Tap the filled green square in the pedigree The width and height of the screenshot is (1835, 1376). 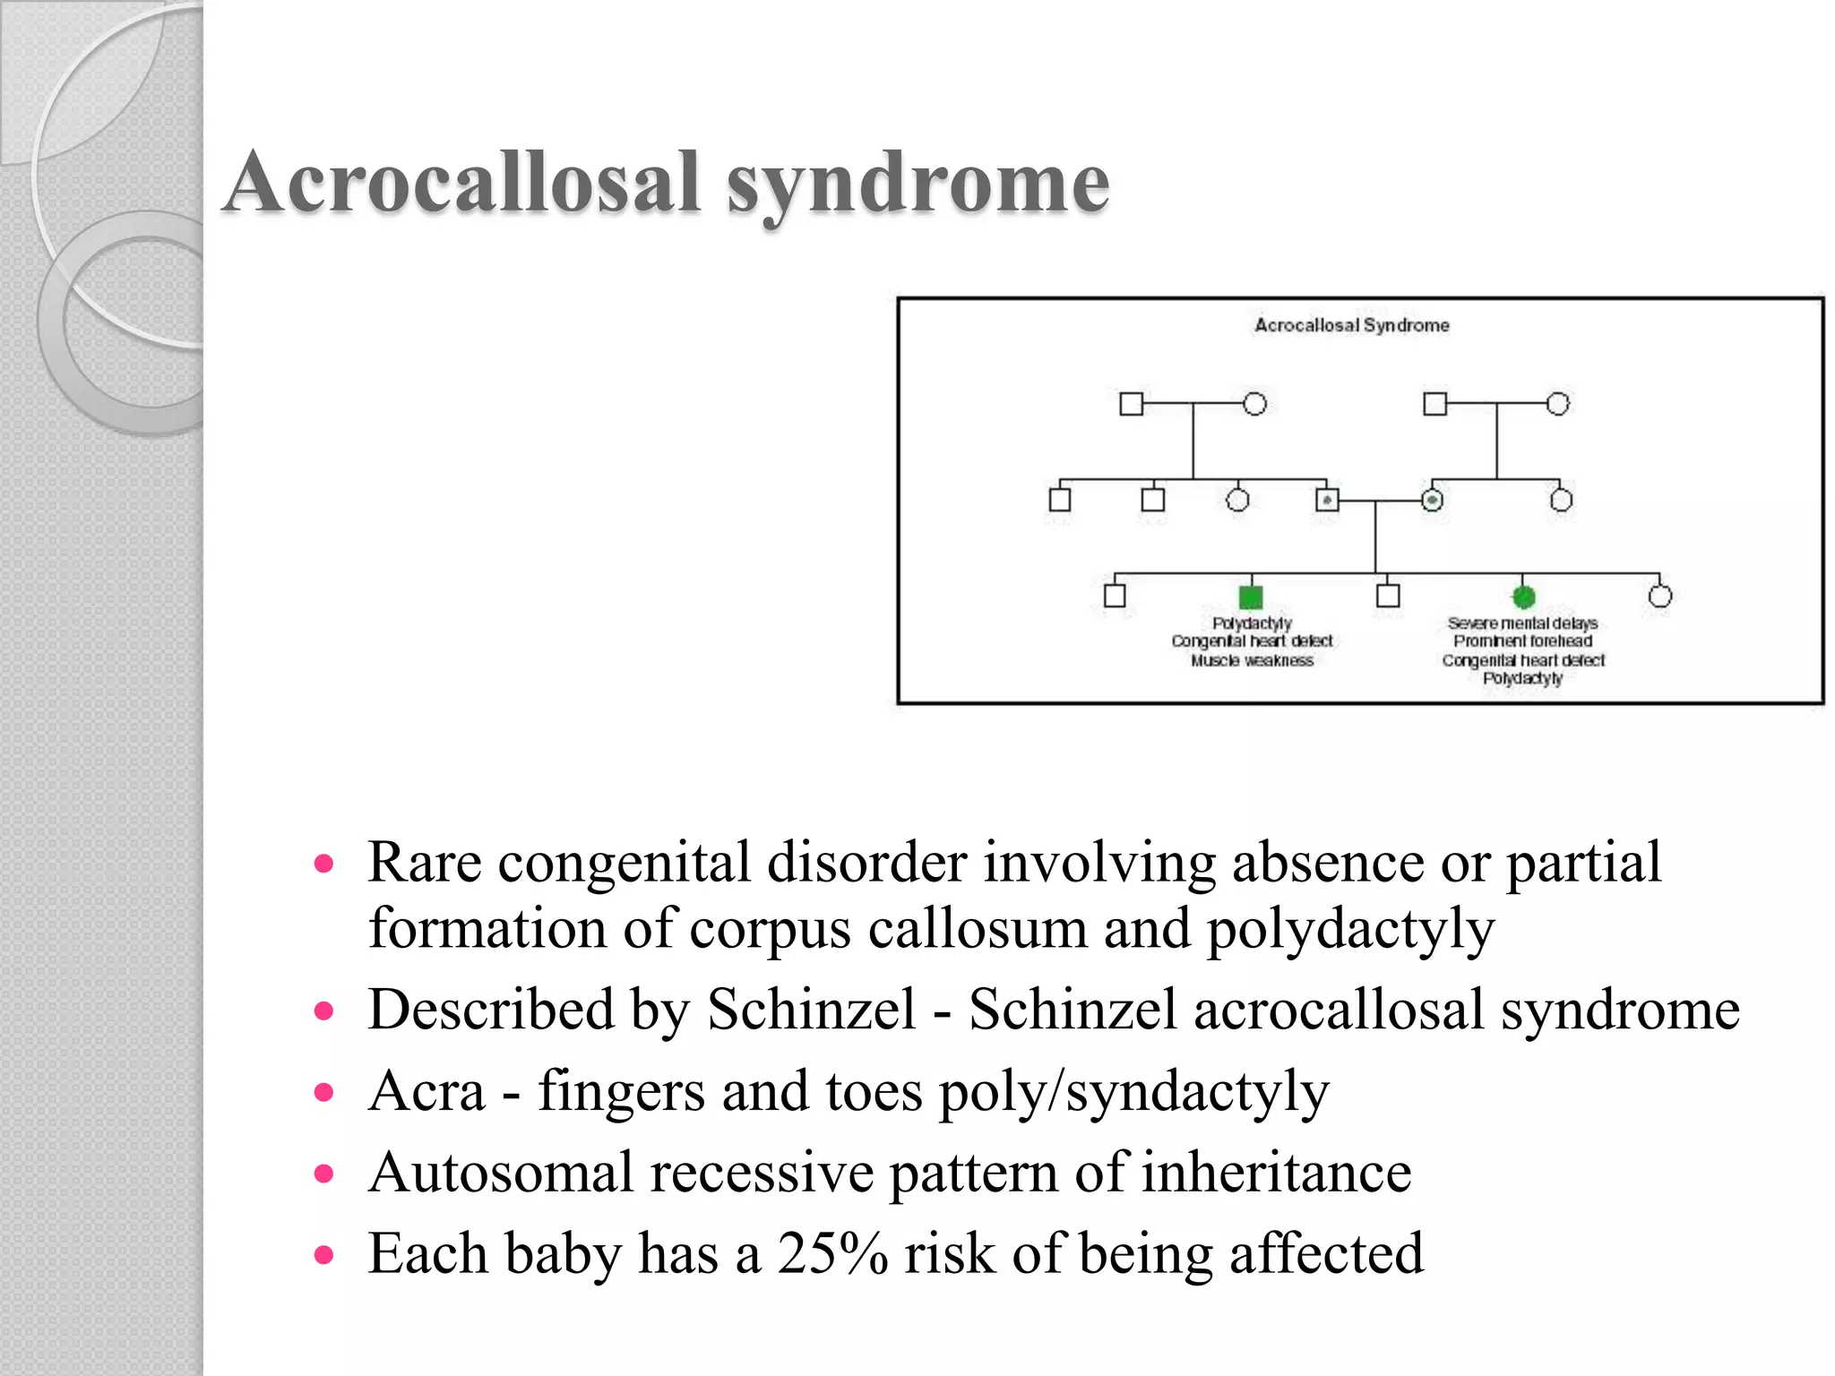[x=1250, y=597]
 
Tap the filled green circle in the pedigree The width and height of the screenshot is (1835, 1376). [x=1523, y=596]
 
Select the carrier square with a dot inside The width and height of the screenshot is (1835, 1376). [x=1327, y=500]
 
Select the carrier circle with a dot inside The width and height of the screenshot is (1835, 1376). [x=1433, y=500]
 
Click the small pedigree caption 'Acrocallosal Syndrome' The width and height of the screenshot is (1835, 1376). [x=1351, y=325]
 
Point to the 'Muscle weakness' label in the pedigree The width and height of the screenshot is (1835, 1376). [x=1252, y=660]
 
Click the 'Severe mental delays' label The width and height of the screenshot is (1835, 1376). [x=1522, y=623]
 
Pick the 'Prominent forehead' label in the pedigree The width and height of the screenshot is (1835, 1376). [x=1522, y=641]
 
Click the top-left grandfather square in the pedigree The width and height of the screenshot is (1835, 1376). [x=1132, y=404]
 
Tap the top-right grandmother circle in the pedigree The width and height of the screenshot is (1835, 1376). [x=1558, y=404]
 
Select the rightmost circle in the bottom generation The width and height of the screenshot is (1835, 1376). [x=1660, y=596]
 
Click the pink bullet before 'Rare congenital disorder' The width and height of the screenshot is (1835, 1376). [x=324, y=864]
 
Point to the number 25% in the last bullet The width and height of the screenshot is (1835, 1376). [x=832, y=1253]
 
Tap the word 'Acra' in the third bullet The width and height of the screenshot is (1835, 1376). [x=426, y=1091]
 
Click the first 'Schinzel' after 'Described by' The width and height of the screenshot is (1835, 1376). [x=812, y=1010]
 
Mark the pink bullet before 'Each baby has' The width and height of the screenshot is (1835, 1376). [x=324, y=1255]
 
